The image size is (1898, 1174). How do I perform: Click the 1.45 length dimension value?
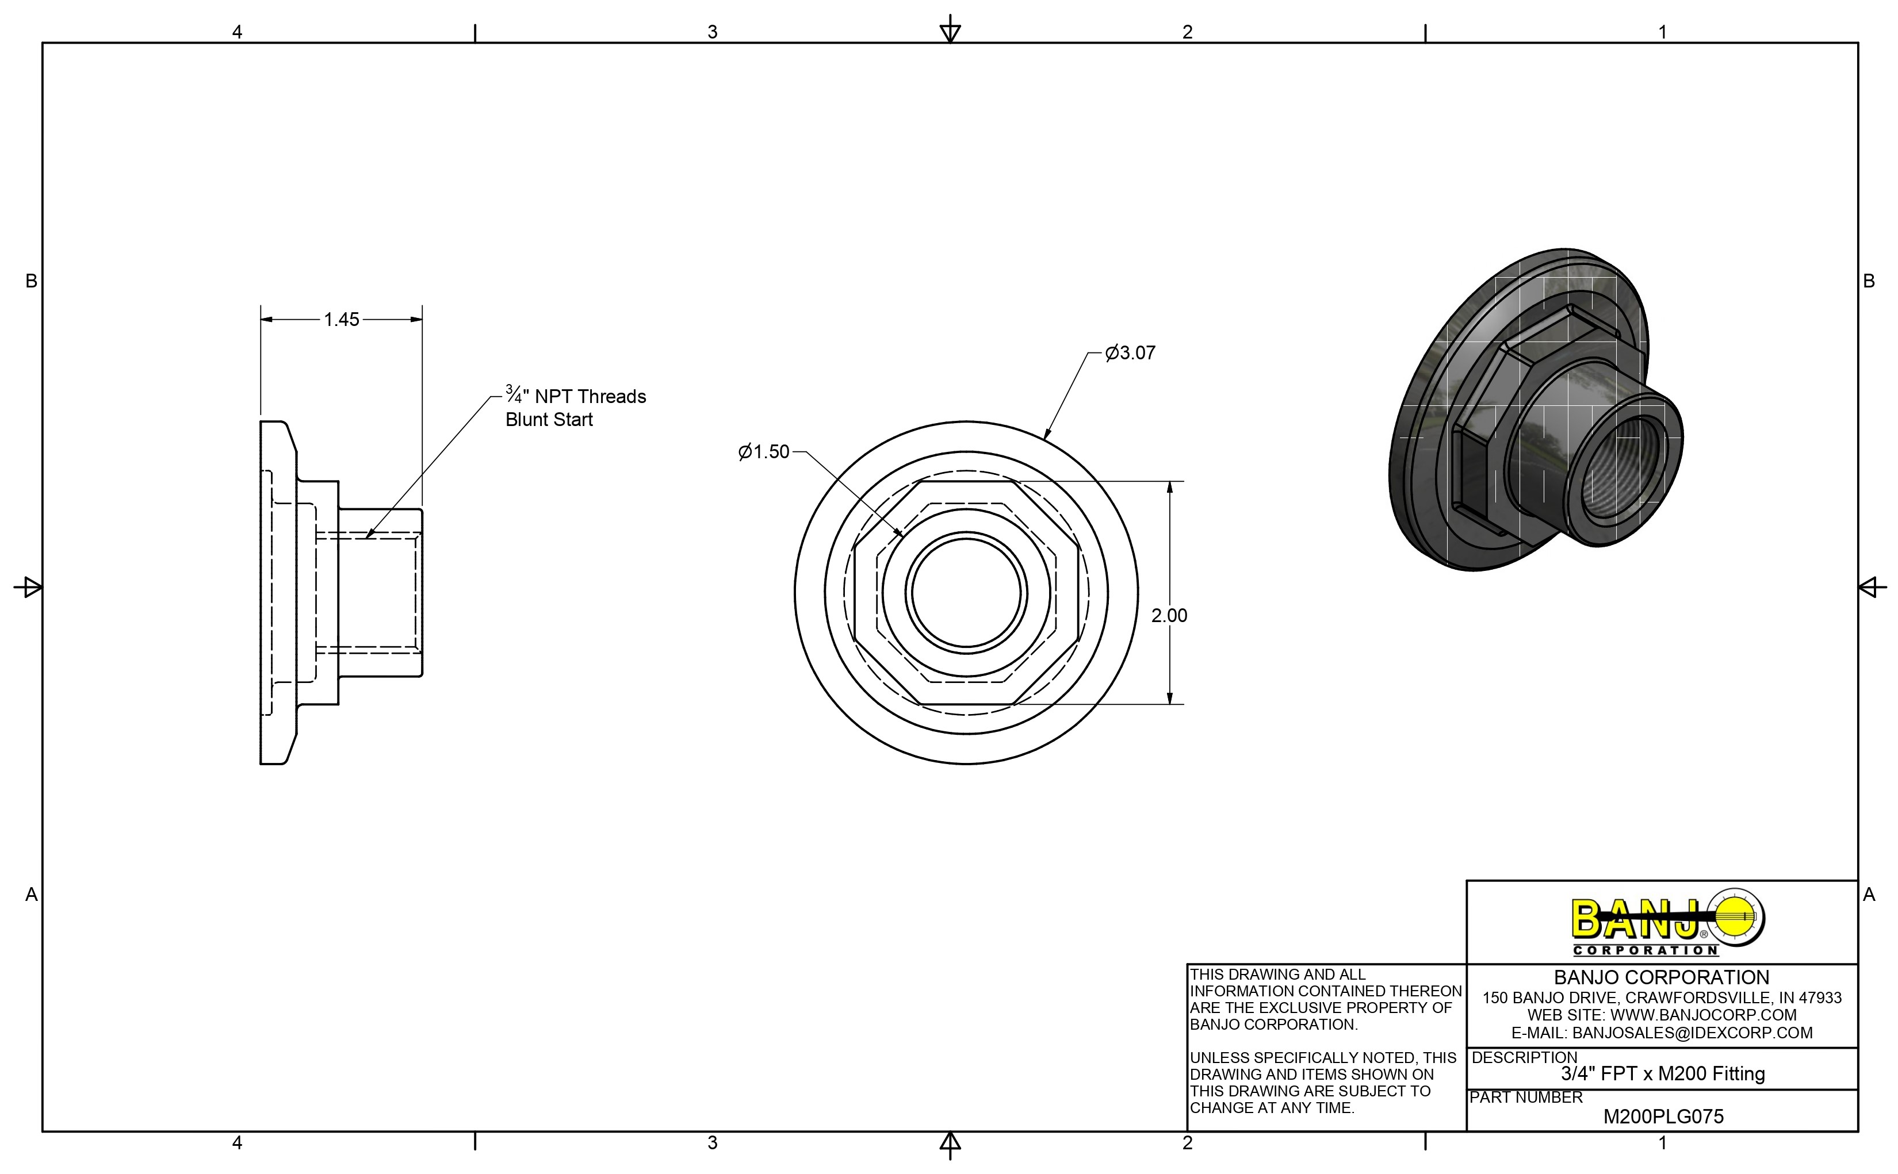coord(341,319)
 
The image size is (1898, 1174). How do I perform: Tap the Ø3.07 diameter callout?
coord(1130,353)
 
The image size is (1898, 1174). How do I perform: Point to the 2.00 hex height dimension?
coord(1169,616)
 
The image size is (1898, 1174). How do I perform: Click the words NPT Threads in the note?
coord(590,397)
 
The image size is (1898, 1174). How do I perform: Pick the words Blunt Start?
coord(549,420)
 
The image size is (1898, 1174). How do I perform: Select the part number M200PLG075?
coord(1663,1117)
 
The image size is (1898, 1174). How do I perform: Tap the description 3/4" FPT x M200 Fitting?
coord(1663,1074)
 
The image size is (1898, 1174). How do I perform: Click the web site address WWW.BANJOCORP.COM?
coord(1703,1015)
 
